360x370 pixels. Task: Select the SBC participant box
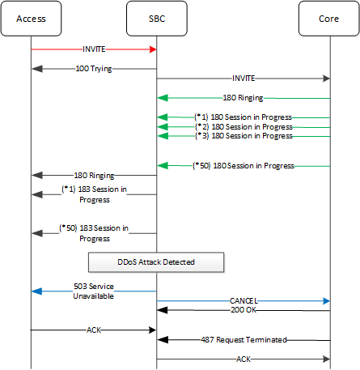coord(156,19)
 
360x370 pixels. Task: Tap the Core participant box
coord(330,19)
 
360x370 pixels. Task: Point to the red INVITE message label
coord(94,49)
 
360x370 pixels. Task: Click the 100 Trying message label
coord(94,69)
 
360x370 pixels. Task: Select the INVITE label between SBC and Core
coord(243,79)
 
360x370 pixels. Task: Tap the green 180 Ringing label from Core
coord(243,97)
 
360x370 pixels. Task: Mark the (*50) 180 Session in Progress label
coord(243,165)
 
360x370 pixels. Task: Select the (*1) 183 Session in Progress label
coord(94,194)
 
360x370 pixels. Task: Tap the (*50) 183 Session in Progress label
coord(94,233)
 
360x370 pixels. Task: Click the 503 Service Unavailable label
coord(94,291)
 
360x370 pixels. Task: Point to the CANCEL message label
coord(243,300)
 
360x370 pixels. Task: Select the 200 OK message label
coord(243,310)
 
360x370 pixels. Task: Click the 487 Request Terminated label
coord(243,340)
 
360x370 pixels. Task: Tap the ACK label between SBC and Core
coord(243,359)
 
